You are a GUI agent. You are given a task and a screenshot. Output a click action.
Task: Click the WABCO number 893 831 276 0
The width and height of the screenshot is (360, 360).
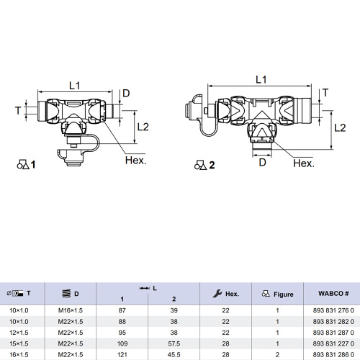[333, 310]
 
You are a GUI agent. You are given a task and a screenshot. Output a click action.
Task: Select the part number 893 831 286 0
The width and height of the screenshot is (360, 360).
[333, 354]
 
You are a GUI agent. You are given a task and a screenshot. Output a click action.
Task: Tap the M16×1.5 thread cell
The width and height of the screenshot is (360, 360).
[71, 310]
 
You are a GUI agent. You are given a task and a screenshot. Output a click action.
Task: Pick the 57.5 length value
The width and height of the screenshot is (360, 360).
[174, 343]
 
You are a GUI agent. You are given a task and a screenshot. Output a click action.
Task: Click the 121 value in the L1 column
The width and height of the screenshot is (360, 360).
[122, 354]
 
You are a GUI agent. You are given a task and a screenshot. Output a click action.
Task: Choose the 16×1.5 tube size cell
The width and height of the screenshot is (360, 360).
[19, 354]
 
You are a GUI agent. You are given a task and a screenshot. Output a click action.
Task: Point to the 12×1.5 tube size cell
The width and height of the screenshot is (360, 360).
[19, 333]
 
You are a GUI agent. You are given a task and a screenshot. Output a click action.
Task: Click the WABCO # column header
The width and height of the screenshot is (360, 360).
[333, 293]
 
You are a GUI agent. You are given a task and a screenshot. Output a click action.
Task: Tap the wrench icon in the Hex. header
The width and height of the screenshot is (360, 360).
[217, 293]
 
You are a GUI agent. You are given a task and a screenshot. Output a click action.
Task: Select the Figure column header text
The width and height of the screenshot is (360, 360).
[284, 294]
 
